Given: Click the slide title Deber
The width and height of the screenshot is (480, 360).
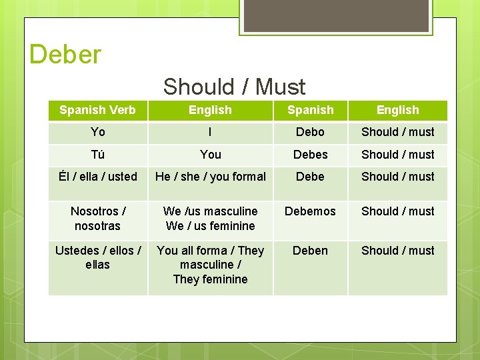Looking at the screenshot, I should [x=65, y=54].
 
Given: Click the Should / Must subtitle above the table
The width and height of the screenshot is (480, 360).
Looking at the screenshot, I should [x=234, y=87].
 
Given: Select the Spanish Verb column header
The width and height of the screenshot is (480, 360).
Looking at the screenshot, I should [x=97, y=110].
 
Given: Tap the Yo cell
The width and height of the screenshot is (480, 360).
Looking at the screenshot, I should [x=97, y=132].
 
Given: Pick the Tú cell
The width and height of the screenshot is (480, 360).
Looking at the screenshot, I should [x=97, y=155].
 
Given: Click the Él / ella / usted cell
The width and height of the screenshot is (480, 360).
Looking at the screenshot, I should [x=97, y=177].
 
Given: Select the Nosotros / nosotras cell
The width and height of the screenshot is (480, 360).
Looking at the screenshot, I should [x=97, y=219].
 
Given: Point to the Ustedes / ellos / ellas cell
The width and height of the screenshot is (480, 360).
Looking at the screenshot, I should [x=97, y=257].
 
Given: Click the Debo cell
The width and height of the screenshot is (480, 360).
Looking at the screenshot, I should [x=310, y=132].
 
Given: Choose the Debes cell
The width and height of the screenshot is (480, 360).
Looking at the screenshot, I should [x=310, y=155].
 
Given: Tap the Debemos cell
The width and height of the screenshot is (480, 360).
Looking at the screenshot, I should [x=310, y=211].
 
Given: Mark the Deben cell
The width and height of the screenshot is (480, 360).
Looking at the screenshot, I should [x=310, y=251].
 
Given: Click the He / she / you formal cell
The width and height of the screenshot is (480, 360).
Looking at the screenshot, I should [x=210, y=177].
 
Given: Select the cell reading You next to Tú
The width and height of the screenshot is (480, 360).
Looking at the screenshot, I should [x=210, y=155].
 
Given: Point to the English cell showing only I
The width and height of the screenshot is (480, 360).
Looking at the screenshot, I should [x=210, y=132].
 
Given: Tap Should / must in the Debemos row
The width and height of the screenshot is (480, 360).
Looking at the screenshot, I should [x=397, y=211].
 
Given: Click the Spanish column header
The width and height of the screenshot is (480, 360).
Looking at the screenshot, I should [x=310, y=110].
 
